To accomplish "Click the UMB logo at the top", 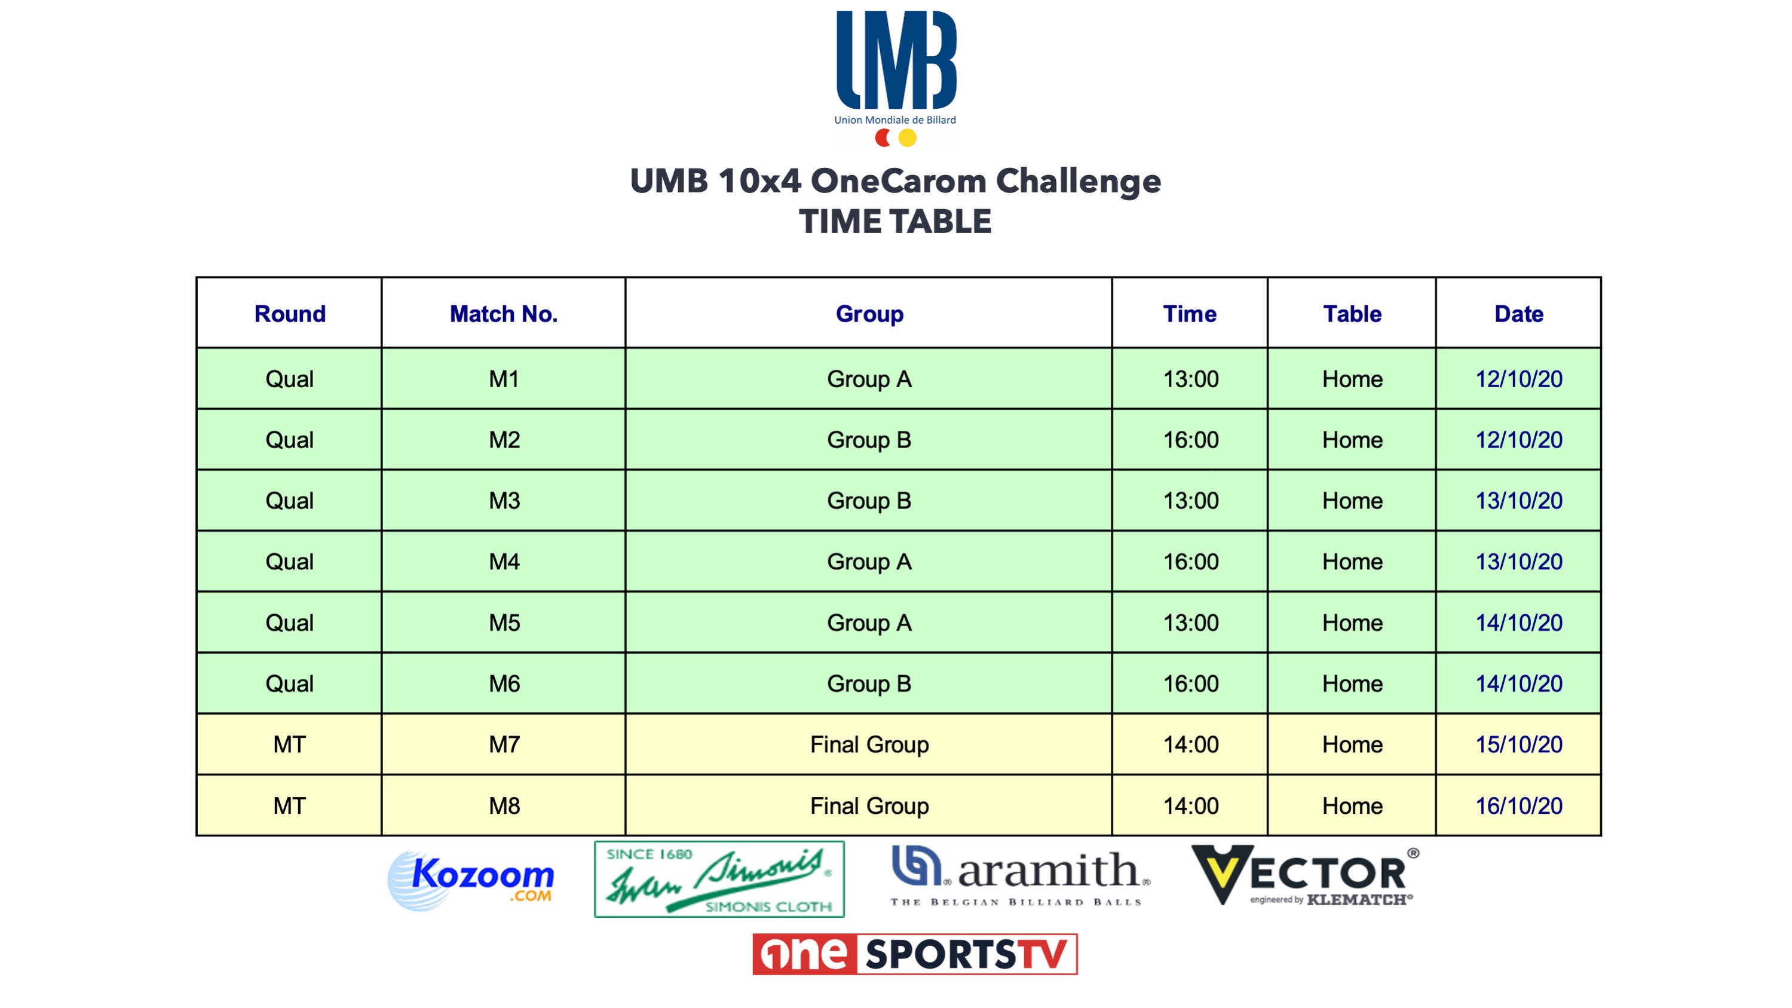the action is (x=896, y=78).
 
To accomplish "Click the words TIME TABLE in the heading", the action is (x=895, y=222).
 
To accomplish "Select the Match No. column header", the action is (x=504, y=314).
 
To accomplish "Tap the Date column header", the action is (x=1518, y=314).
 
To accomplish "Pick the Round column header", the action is (x=289, y=314).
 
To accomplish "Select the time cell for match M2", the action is (x=1190, y=440).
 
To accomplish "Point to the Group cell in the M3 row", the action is (x=869, y=501).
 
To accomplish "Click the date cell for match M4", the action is (x=1518, y=562).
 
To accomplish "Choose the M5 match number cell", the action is (x=504, y=623).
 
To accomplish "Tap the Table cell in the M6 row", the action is (x=1352, y=684).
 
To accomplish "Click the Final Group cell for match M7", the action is (x=869, y=745).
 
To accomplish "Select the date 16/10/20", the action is (x=1518, y=805).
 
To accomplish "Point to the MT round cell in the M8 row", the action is (x=289, y=805).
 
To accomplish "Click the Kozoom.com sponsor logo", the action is (x=471, y=880).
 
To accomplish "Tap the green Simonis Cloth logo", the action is (x=719, y=880).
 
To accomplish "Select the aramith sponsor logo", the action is (x=1021, y=876).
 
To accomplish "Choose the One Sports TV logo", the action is (x=915, y=954).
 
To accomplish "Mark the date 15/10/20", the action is (x=1518, y=744).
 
